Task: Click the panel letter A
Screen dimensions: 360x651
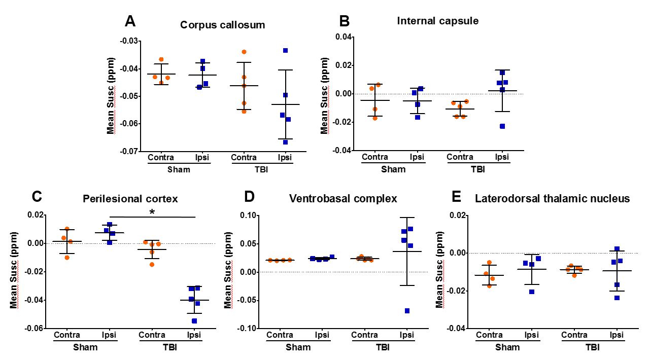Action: (x=130, y=21)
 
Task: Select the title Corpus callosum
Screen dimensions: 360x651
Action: (x=223, y=25)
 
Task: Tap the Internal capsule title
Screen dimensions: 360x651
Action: (x=438, y=21)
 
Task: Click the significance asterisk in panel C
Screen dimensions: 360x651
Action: (x=152, y=212)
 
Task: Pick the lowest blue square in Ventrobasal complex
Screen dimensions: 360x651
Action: (x=407, y=311)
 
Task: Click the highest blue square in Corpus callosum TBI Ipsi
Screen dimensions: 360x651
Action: (x=286, y=50)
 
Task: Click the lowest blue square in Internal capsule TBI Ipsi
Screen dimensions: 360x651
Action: (x=502, y=126)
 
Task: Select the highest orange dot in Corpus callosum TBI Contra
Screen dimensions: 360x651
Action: (x=244, y=52)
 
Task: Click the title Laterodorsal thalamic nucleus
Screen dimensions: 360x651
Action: (x=552, y=198)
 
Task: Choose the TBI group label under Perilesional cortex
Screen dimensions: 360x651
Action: (x=173, y=347)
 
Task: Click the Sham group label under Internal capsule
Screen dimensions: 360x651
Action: (x=394, y=169)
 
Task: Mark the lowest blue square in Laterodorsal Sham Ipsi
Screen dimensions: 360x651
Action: (x=532, y=292)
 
